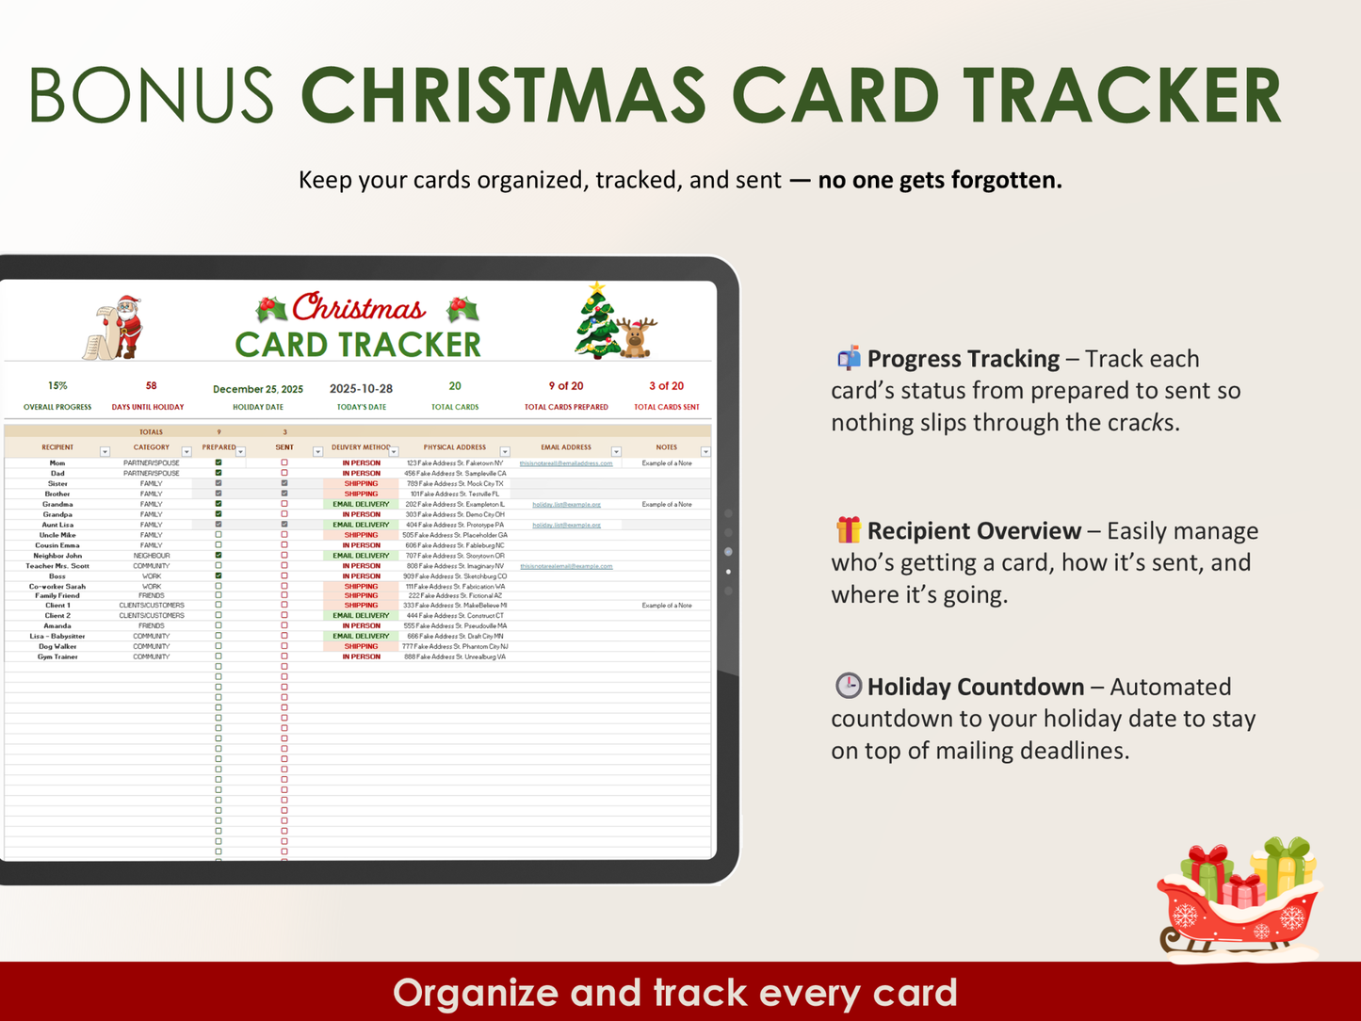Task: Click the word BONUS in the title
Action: pyautogui.click(x=151, y=95)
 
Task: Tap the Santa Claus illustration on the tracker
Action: pyautogui.click(x=117, y=328)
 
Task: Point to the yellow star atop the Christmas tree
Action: pyautogui.click(x=596, y=289)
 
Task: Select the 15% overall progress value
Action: pyautogui.click(x=57, y=386)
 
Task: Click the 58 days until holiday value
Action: pyautogui.click(x=151, y=386)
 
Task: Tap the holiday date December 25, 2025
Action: pyautogui.click(x=258, y=389)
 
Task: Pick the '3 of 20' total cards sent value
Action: pyautogui.click(x=666, y=386)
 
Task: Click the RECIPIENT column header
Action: pyautogui.click(x=57, y=447)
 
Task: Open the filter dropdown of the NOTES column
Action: pyautogui.click(x=705, y=452)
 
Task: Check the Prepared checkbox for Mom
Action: pyautogui.click(x=219, y=463)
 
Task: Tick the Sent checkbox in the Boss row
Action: pyautogui.click(x=284, y=576)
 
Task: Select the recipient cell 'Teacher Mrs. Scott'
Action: pyautogui.click(x=57, y=566)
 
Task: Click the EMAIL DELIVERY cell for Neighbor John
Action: pyautogui.click(x=361, y=556)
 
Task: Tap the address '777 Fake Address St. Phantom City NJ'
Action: pyautogui.click(x=455, y=647)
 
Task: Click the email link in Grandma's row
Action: pyautogui.click(x=566, y=505)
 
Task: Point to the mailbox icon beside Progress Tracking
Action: pyautogui.click(x=849, y=358)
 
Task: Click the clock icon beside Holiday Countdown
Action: pyautogui.click(x=848, y=686)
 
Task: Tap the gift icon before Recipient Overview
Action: pyautogui.click(x=848, y=530)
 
